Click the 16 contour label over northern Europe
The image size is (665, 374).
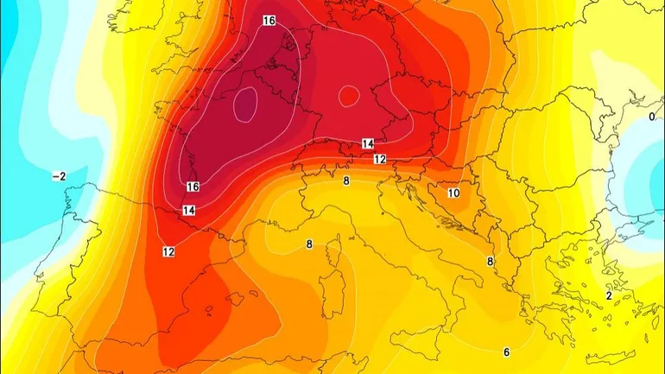pos(269,21)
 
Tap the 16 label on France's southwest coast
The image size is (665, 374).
pos(193,187)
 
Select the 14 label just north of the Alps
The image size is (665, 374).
pos(367,143)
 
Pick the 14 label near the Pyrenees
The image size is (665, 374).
pos(188,210)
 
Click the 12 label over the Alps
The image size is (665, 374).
pos(380,160)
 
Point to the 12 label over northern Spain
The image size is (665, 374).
pos(168,251)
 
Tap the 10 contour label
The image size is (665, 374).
pos(453,193)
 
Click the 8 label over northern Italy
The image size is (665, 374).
pos(346,181)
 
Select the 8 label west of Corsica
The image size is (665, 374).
pos(308,244)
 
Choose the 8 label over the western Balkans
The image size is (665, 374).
pos(490,262)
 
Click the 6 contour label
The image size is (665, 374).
pos(506,352)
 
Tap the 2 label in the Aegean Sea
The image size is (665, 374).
pos(609,295)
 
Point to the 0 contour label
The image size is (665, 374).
pos(651,117)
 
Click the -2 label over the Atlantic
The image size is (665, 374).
pos(59,176)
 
